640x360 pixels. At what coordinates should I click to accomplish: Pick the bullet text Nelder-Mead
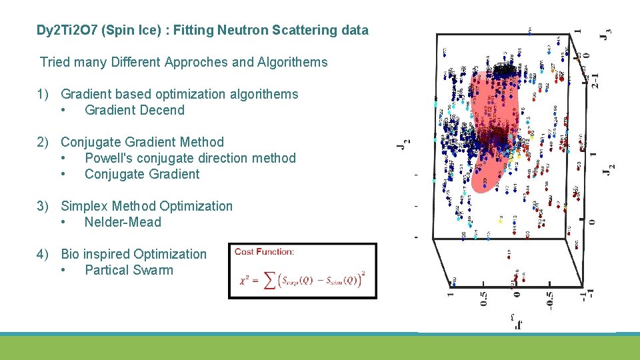[x=123, y=223]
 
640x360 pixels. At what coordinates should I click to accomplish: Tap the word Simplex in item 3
[x=84, y=207]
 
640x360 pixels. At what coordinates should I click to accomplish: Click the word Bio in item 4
[x=72, y=255]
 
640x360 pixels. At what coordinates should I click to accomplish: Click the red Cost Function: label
[x=264, y=251]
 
